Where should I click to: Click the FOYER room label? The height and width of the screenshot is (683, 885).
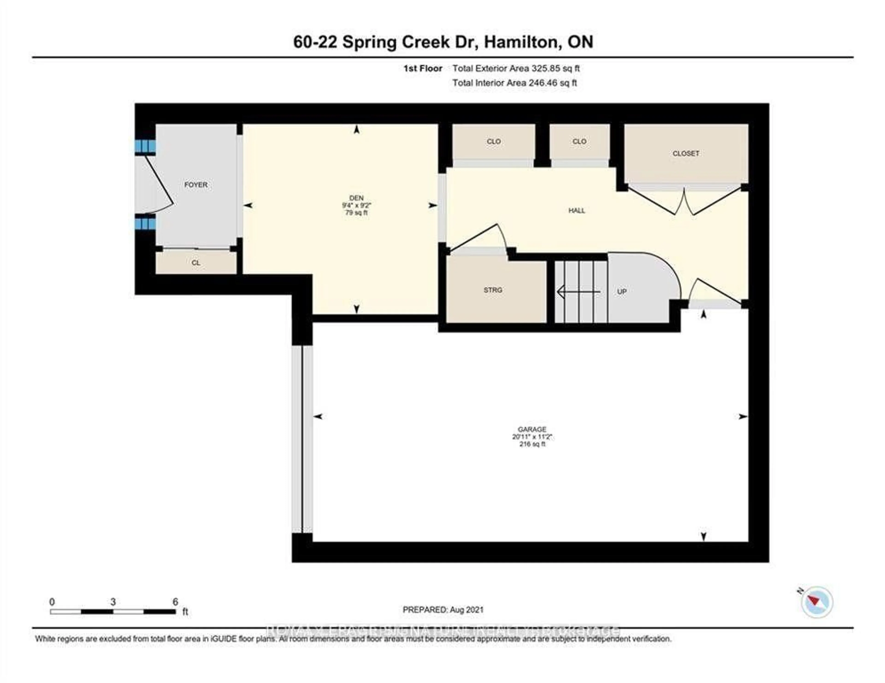click(196, 185)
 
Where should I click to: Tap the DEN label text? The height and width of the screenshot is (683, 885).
click(356, 198)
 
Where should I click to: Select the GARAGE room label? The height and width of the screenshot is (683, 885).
click(532, 429)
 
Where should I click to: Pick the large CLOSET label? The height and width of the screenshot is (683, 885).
click(686, 153)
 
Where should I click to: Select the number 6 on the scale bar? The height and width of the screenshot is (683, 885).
click(175, 602)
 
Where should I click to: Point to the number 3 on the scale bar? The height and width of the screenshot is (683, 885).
click(113, 602)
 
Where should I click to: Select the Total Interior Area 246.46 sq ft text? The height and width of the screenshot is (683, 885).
click(514, 83)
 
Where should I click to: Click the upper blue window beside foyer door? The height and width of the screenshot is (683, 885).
click(145, 146)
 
